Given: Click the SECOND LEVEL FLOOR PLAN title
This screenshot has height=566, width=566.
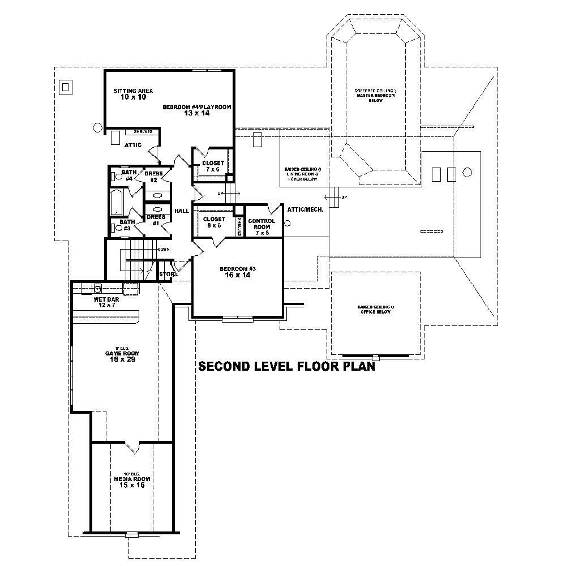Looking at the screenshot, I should [286, 367].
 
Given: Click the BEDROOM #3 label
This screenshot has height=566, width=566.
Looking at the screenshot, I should [238, 272].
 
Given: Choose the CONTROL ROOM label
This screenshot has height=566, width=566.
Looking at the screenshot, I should [261, 224].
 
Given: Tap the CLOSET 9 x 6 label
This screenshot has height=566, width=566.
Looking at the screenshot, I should [213, 222].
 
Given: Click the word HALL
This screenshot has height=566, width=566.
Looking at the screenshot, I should [182, 211].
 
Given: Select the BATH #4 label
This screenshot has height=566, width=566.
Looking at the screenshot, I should [128, 175].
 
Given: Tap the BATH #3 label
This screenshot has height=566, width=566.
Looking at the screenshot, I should [126, 225].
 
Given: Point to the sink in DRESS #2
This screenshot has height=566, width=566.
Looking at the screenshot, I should [157, 195].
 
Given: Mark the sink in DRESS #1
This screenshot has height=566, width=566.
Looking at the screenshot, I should [157, 209].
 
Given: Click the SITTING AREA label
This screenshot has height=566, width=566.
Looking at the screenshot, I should [133, 94].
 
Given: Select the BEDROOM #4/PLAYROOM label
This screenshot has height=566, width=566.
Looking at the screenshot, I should [197, 110].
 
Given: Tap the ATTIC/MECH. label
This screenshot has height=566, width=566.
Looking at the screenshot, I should [305, 209].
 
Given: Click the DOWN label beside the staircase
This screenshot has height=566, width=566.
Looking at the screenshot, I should [164, 249].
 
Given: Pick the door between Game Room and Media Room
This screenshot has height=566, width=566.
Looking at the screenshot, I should [132, 447].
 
